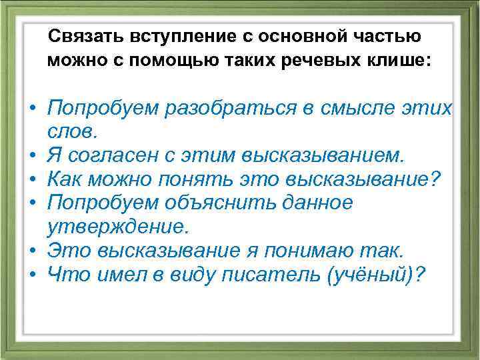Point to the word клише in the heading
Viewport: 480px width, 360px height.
click(401, 61)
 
